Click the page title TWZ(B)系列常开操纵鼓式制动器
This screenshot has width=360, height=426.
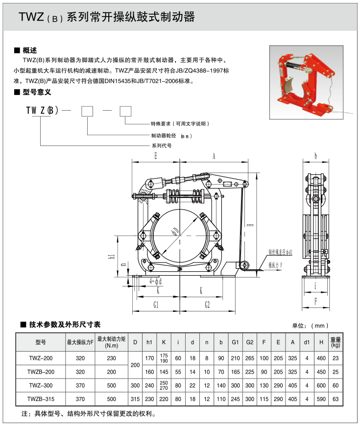tap(107, 18)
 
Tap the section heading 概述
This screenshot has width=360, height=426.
tap(30, 50)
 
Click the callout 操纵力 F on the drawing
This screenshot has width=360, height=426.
tap(277, 265)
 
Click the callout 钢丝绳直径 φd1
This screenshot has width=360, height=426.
tap(280, 253)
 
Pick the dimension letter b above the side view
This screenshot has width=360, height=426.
tap(316, 156)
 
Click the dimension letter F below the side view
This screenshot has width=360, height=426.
tap(316, 302)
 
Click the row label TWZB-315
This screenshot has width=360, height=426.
tap(41, 399)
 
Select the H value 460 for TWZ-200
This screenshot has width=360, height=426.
tap(321, 358)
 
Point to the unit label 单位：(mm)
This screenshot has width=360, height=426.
tap(310, 325)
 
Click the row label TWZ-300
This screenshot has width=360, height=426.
tap(41, 385)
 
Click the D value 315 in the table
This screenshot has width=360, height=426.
tap(135, 399)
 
